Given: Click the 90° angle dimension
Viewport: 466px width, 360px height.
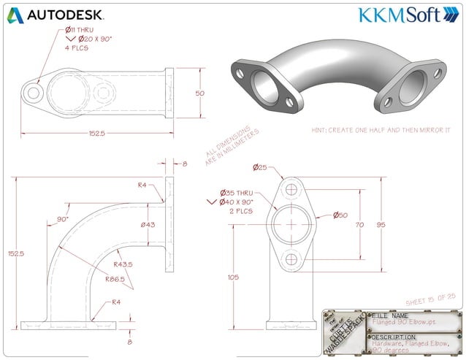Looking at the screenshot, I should [63, 218].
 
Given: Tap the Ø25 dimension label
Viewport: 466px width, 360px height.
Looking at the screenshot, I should [261, 168].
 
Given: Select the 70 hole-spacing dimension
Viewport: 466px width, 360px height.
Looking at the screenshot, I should [359, 226].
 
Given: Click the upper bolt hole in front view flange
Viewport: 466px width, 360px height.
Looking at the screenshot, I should [292, 190].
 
